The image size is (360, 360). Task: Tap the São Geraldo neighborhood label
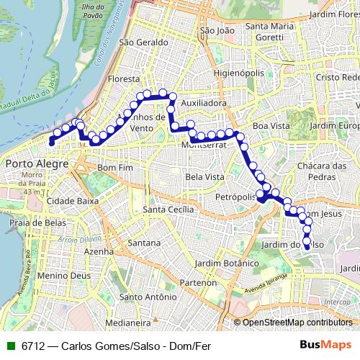pos(138,42)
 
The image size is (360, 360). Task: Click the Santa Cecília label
pos(169,209)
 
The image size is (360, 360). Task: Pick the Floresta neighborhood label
pos(122,78)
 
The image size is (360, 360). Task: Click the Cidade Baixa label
pos(72,201)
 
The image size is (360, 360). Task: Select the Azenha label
pos(99,252)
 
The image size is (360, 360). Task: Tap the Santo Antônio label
pos(147,297)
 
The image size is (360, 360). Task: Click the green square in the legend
pos(9,345)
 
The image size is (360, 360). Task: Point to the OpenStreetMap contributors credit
pos(297,323)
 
